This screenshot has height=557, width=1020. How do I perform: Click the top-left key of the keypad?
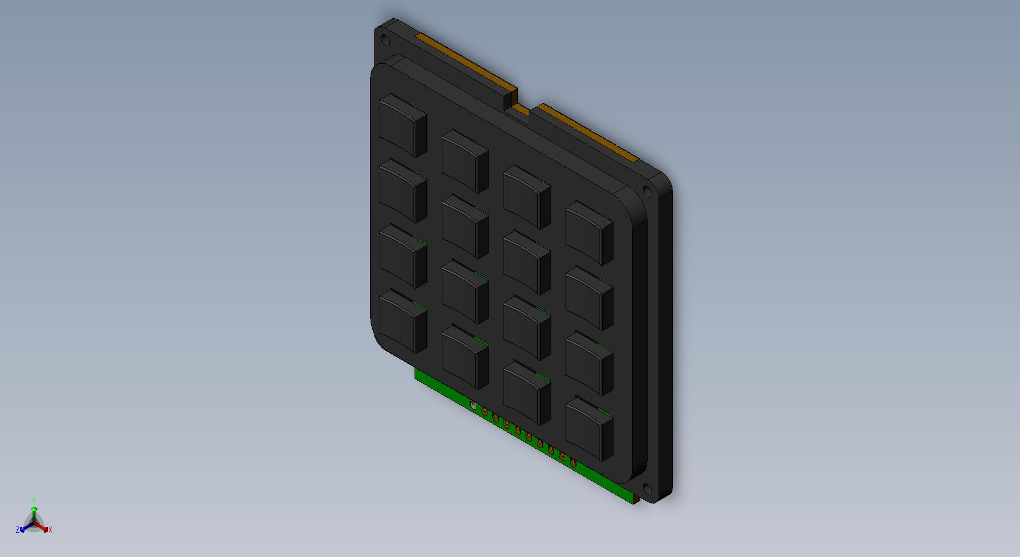tap(403, 125)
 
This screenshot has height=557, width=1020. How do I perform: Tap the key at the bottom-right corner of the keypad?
tap(589, 429)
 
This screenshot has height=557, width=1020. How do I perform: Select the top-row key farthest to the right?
tap(589, 233)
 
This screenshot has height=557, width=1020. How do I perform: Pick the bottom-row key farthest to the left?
tap(403, 322)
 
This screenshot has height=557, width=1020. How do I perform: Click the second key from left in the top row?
tap(465, 161)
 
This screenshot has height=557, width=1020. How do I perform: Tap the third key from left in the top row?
tap(527, 197)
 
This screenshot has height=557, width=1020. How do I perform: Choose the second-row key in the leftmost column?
tap(403, 191)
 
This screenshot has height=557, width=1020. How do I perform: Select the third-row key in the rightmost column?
tap(589, 363)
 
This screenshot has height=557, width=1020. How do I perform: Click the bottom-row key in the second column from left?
tap(465, 357)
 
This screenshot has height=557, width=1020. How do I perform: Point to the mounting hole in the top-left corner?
tap(385, 39)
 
